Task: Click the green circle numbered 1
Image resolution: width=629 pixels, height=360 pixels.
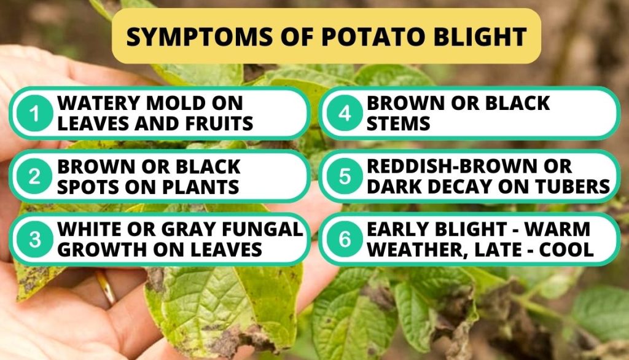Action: click(x=35, y=114)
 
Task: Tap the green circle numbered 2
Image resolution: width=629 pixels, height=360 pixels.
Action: click(x=35, y=176)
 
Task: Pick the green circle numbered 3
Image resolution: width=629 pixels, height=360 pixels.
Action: click(x=35, y=240)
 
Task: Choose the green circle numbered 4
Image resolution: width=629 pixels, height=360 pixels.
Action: click(x=345, y=114)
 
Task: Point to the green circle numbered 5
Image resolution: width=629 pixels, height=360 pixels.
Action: click(x=345, y=176)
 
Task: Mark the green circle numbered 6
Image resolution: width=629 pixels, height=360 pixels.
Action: click(x=345, y=240)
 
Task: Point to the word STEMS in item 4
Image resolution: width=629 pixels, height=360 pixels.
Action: click(x=398, y=123)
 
